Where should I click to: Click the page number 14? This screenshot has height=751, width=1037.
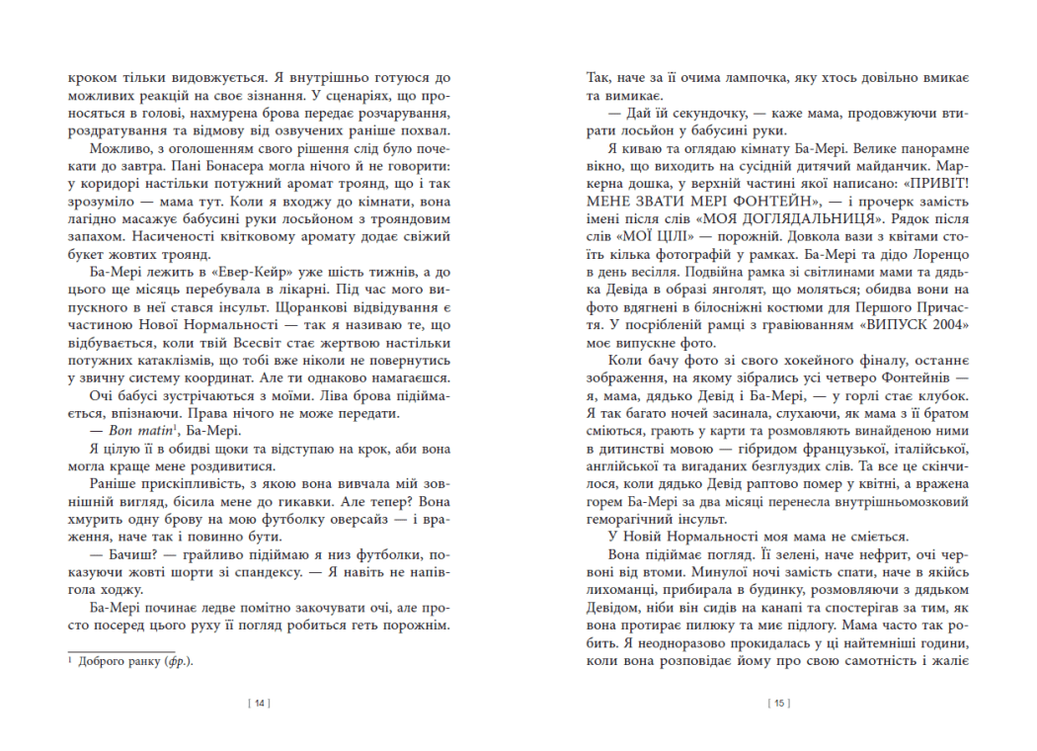pyautogui.click(x=259, y=704)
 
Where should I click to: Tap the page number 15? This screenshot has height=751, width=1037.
pyautogui.click(x=778, y=704)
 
